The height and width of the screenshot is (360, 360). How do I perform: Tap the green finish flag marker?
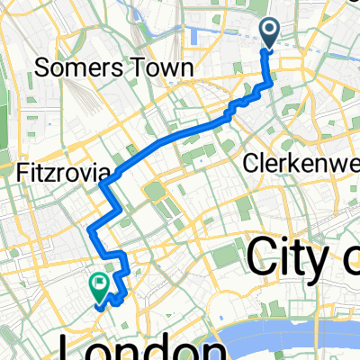click(x=97, y=287)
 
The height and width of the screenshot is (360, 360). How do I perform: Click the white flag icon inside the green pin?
click(x=97, y=283)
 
